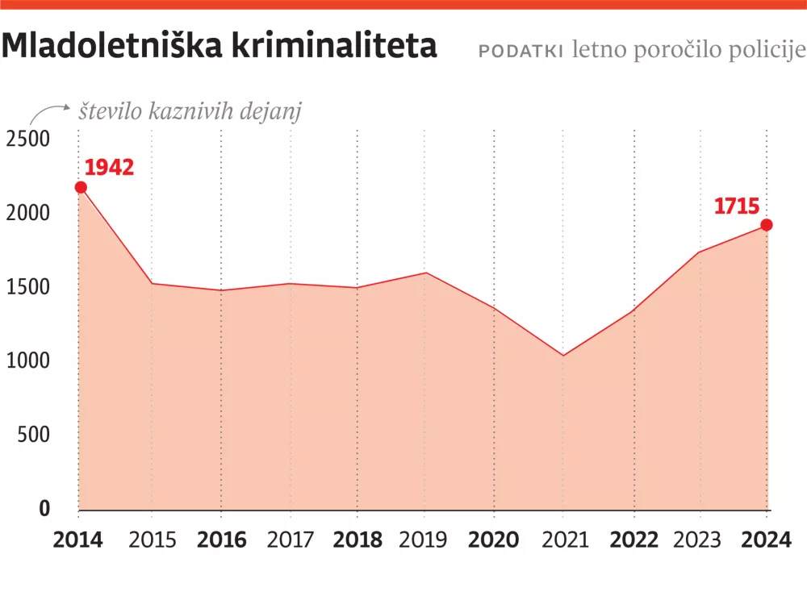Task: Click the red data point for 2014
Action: pos(81,187)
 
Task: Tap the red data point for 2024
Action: pos(767,225)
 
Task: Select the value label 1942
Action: pos(109,167)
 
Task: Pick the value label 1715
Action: pos(737,206)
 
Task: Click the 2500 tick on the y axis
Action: pos(28,139)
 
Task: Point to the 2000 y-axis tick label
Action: pos(28,213)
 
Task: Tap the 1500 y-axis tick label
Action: pos(28,287)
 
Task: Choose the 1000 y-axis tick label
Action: pos(28,361)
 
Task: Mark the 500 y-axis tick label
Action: pos(33,435)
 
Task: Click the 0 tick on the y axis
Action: pos(44,509)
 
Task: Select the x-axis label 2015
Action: pos(153,540)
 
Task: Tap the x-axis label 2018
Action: pos(358,540)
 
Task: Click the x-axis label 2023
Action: pos(700,540)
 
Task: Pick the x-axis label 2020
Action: pos(494,540)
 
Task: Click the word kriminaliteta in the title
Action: pos(334,47)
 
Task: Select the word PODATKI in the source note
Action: pos(521,50)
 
